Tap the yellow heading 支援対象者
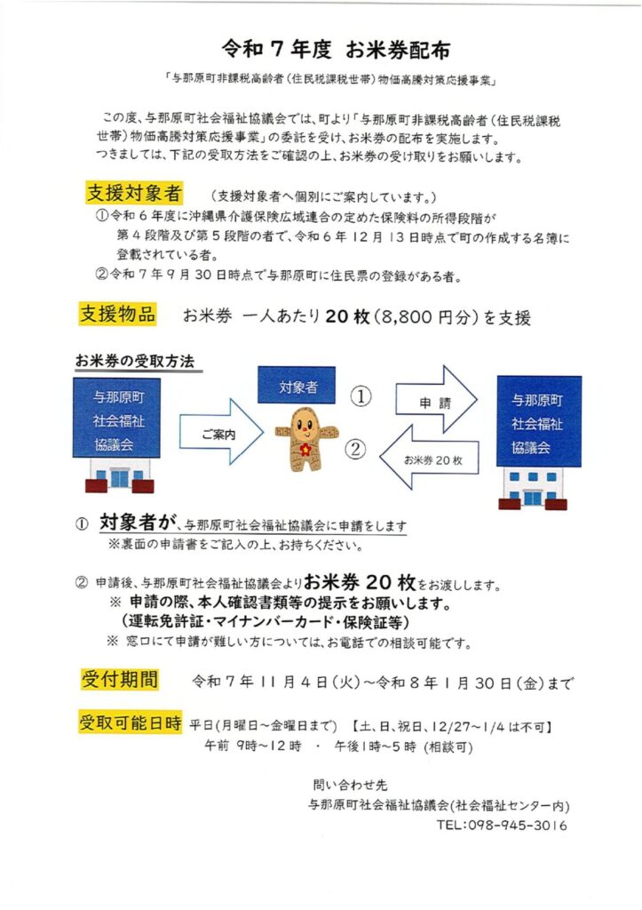click(x=134, y=193)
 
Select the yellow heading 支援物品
click(x=118, y=314)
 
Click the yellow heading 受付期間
click(x=120, y=680)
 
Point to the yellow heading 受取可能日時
click(x=131, y=722)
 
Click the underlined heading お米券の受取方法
click(x=134, y=362)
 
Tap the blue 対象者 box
click(x=295, y=387)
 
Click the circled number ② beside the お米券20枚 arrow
click(x=356, y=450)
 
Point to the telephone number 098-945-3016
click(x=502, y=826)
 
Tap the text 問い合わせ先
click(x=351, y=785)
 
